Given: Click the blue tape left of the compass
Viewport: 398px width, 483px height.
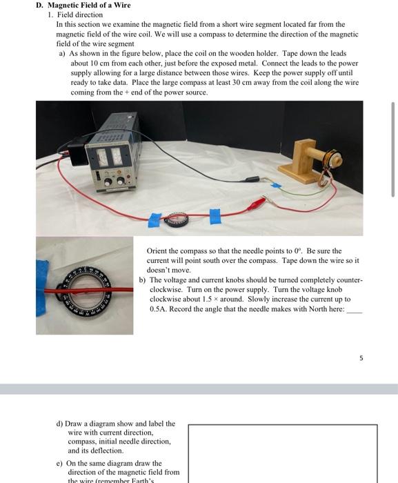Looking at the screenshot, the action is [x=155, y=220].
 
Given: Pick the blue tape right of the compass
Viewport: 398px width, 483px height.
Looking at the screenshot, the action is [x=215, y=215].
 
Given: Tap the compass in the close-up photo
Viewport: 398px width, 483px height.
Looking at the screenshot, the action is [x=85, y=286].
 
